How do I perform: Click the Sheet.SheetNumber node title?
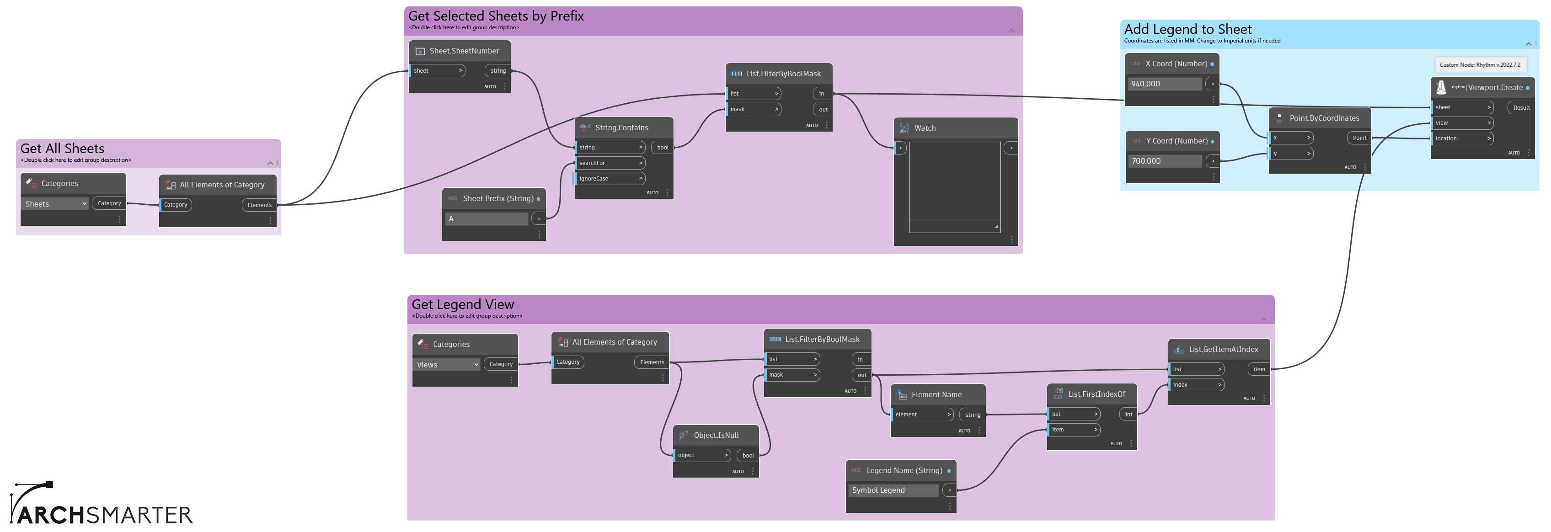(x=464, y=51)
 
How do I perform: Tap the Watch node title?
(x=925, y=128)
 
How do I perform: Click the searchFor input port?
(x=610, y=163)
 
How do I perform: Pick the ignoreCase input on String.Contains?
(x=610, y=179)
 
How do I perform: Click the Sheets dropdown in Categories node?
(x=55, y=204)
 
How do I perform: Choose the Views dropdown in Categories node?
(x=447, y=365)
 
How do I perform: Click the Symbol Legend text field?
(x=893, y=490)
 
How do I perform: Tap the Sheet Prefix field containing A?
(x=487, y=219)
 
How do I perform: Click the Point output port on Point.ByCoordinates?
(x=1359, y=138)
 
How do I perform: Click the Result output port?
(x=1521, y=108)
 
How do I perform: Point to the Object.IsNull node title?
(x=716, y=436)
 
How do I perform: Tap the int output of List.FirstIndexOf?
(x=1128, y=415)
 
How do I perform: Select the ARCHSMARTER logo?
(x=101, y=503)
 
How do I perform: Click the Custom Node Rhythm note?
(x=1479, y=65)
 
